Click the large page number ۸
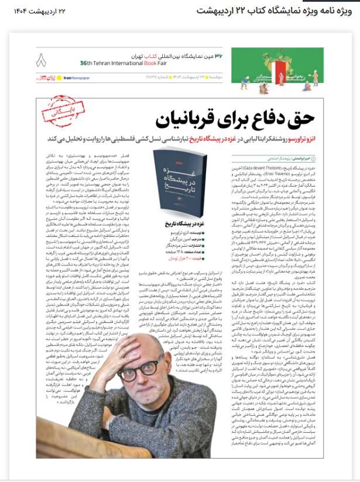pyautogui.click(x=40, y=60)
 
